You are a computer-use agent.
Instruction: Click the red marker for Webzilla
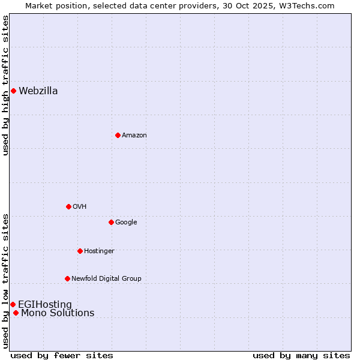click(x=13, y=91)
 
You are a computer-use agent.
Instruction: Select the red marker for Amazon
click(x=118, y=135)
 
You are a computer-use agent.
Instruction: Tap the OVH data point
click(x=68, y=206)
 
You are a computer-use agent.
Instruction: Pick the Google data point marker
click(x=111, y=222)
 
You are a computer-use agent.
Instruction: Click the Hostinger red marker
click(x=80, y=251)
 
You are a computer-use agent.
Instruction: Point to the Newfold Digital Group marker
click(x=67, y=278)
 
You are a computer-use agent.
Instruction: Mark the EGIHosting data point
click(x=13, y=304)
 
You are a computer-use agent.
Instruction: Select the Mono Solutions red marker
click(x=16, y=313)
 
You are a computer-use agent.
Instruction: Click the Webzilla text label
click(x=38, y=91)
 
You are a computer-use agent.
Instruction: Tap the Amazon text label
click(x=134, y=136)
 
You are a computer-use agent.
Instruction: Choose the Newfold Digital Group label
click(x=106, y=278)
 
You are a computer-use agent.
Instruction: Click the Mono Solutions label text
click(x=58, y=313)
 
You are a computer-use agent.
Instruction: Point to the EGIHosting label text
click(x=45, y=304)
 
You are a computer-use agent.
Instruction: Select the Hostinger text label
click(x=99, y=251)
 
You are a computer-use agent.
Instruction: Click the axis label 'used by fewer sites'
click(x=62, y=356)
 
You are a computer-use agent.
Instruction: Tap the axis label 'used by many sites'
click(x=301, y=356)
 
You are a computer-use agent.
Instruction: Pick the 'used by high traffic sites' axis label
click(x=6, y=85)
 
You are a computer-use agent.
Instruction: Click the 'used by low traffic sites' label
click(x=6, y=280)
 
